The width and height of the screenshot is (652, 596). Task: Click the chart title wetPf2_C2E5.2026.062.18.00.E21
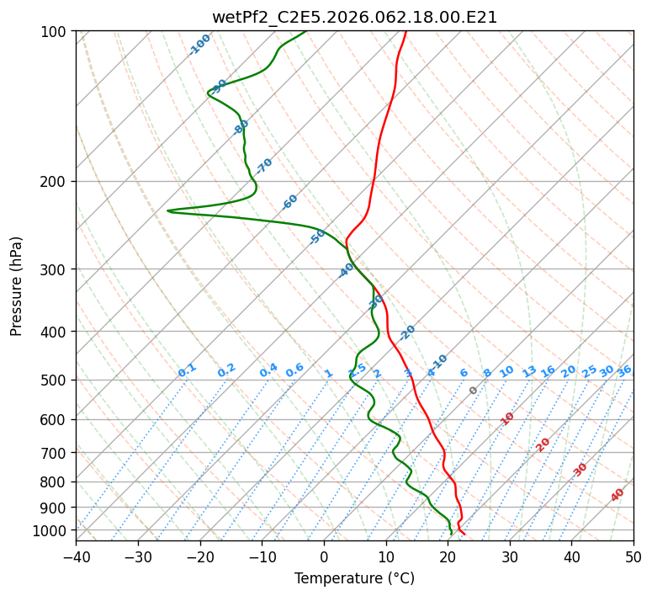354,17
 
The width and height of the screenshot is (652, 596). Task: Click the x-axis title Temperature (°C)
354,578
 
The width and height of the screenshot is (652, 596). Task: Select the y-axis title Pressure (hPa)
17,285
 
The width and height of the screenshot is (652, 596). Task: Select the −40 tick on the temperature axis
76,556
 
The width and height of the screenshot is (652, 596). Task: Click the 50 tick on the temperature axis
633,556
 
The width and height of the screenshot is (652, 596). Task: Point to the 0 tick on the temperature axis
324,556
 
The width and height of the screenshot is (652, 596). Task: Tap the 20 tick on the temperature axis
448,556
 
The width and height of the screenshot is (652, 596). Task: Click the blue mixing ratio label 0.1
187,370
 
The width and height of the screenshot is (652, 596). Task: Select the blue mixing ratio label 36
624,370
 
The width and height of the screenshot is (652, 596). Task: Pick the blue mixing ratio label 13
529,371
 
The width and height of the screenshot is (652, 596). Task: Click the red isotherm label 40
618,495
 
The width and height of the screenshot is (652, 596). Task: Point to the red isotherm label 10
507,418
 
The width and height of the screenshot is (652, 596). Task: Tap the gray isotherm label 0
474,391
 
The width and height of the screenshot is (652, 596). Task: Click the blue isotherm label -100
200,44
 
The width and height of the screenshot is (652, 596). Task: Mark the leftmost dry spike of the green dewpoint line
168,210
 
